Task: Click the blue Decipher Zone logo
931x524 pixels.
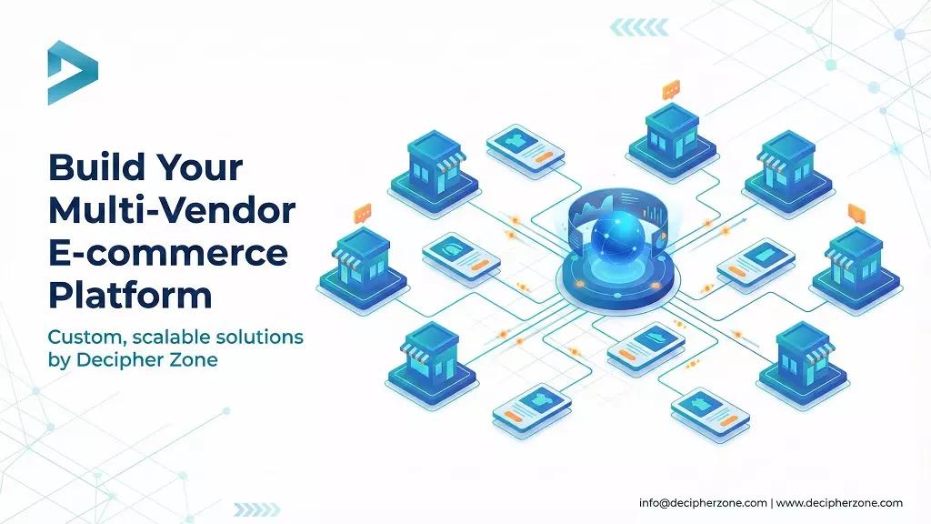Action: click(x=72, y=72)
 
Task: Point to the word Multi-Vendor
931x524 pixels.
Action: click(x=172, y=210)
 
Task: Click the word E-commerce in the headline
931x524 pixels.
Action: click(x=167, y=253)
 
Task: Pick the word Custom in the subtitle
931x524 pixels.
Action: click(x=85, y=338)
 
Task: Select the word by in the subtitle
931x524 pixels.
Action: click(x=59, y=360)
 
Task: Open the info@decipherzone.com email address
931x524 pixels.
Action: click(x=703, y=503)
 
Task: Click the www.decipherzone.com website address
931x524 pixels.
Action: click(x=839, y=503)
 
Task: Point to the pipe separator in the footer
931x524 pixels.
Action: click(x=772, y=503)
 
